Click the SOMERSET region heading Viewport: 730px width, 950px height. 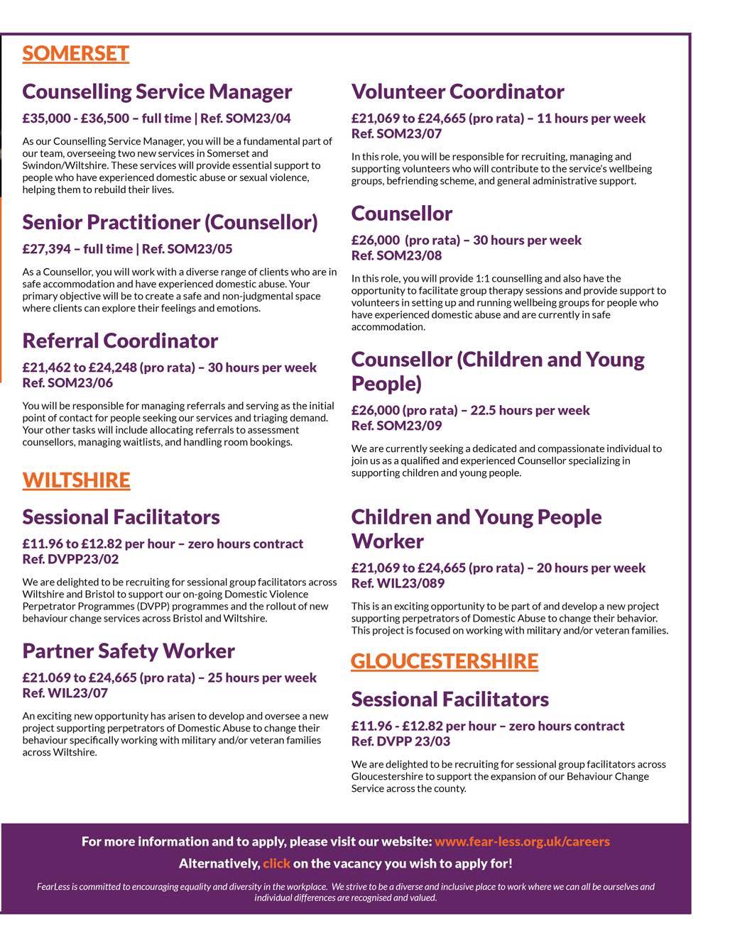(75, 54)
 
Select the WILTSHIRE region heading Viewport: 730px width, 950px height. (76, 480)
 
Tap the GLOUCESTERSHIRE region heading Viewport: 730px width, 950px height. (444, 661)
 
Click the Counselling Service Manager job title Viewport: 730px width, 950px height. (157, 92)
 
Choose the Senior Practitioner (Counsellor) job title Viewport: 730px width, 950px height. (170, 222)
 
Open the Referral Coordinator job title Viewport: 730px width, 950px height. (120, 341)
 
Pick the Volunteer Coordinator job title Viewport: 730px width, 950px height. (457, 92)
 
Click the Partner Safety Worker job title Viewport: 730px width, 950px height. (128, 651)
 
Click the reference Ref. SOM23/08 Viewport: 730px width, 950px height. (396, 255)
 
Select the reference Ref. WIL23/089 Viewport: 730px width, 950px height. (398, 583)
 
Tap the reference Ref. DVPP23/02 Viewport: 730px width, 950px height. (70, 559)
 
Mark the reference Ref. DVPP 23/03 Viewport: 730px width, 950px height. (401, 741)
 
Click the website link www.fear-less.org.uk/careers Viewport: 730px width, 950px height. (522, 841)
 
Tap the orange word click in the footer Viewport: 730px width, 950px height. (276, 863)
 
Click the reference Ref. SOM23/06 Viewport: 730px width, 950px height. (67, 383)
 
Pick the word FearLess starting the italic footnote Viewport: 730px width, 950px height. (53, 887)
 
